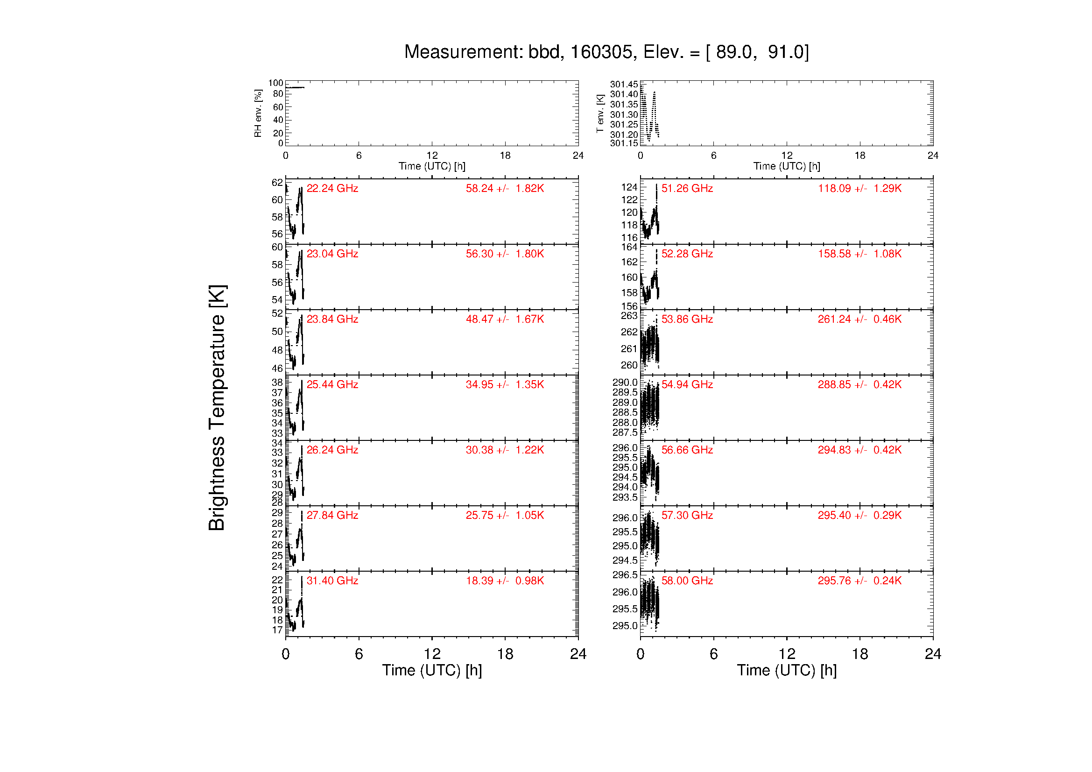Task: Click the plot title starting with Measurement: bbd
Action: click(x=606, y=52)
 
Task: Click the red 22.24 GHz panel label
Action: click(x=332, y=188)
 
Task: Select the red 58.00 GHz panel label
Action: click(x=687, y=581)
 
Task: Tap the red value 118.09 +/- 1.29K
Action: click(x=860, y=188)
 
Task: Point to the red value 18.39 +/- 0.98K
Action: click(x=505, y=581)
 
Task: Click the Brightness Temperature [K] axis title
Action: click(x=218, y=408)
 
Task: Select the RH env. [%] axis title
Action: click(x=258, y=113)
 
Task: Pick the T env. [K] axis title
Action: click(x=600, y=113)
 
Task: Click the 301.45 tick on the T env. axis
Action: click(x=624, y=84)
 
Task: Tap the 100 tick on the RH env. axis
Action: click(x=275, y=83)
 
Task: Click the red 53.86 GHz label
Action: click(x=687, y=319)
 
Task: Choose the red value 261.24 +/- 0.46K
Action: click(x=860, y=319)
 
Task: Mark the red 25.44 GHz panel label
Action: click(x=332, y=384)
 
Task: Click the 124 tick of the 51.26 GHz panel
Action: click(x=629, y=187)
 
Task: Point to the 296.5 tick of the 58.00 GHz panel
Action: click(x=625, y=574)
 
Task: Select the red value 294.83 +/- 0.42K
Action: click(x=860, y=450)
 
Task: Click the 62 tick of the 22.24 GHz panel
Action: click(x=277, y=183)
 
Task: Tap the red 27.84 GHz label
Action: click(x=332, y=515)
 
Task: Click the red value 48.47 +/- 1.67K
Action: click(x=505, y=319)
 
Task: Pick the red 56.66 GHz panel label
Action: click(x=687, y=450)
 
